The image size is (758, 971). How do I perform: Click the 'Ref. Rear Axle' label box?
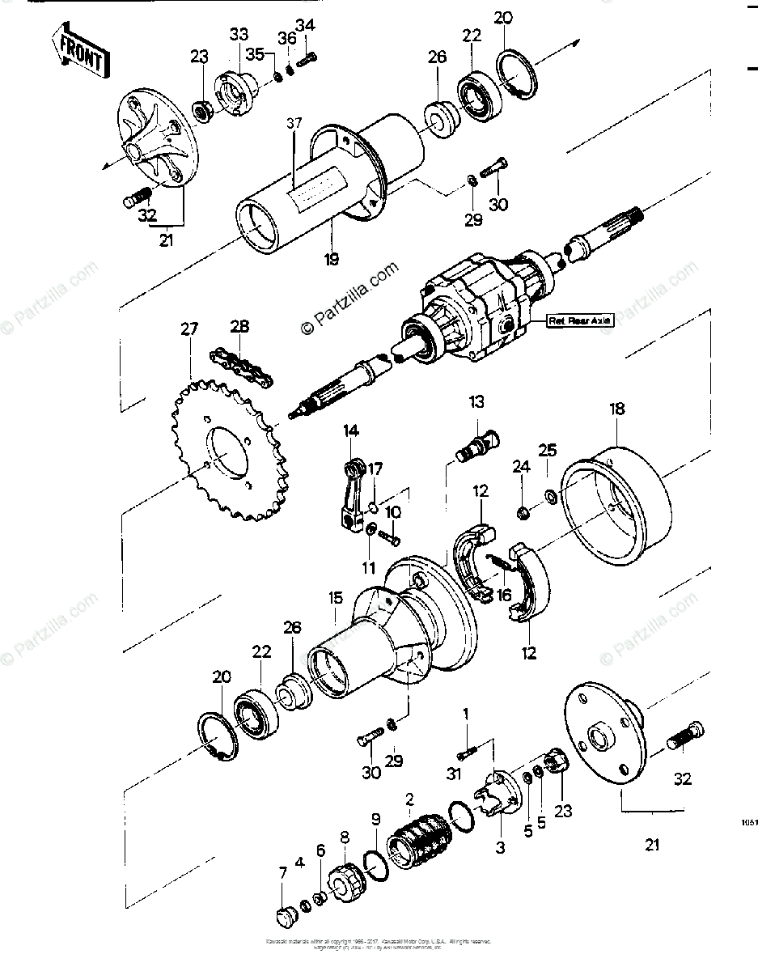(x=580, y=320)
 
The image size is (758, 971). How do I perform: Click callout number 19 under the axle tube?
(x=332, y=260)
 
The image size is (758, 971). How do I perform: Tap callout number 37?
(x=293, y=123)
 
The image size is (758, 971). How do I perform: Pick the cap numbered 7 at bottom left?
(x=283, y=917)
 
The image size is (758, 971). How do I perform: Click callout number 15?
(x=335, y=598)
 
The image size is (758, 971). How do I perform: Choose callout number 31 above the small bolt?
(x=454, y=774)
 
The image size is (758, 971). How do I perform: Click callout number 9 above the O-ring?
(x=375, y=819)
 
